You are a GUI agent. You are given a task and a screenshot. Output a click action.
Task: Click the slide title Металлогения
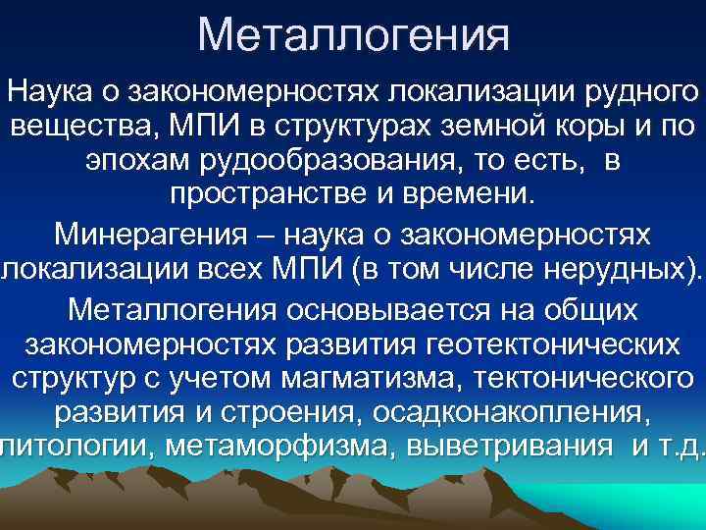[353, 35]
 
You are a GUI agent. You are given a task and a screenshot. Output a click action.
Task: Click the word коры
[570, 128]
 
